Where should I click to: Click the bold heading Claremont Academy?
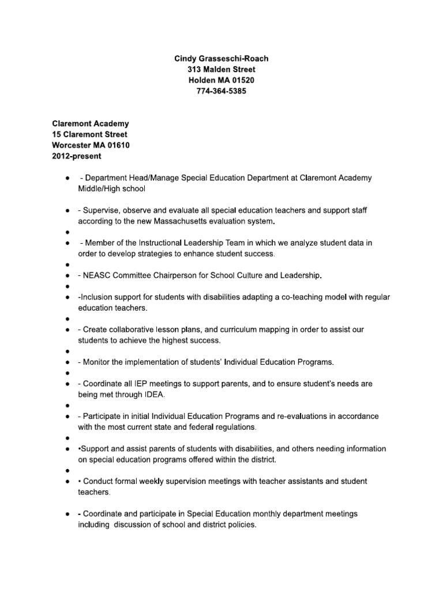coord(91,124)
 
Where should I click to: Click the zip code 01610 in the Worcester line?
coord(119,145)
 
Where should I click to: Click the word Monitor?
coord(99,362)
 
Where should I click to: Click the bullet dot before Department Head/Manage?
coord(69,178)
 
